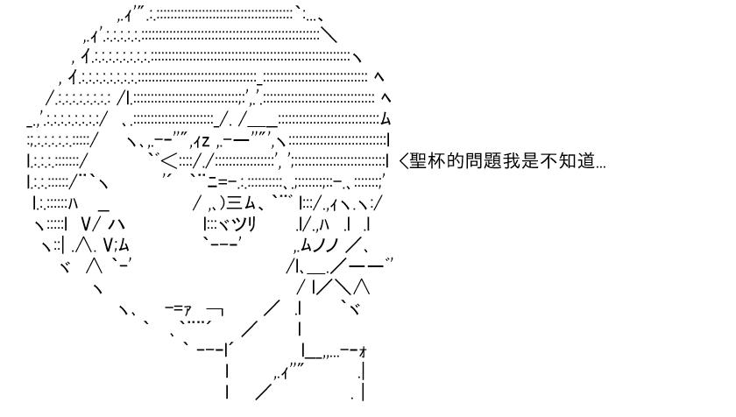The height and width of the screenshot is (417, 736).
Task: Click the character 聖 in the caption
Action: [x=418, y=161]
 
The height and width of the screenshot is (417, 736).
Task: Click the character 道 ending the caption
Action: [x=587, y=161]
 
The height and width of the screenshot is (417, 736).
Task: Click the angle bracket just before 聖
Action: [x=403, y=161]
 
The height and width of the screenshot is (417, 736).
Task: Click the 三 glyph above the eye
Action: [x=235, y=203]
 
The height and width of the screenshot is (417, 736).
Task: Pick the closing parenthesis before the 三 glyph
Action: [x=223, y=203]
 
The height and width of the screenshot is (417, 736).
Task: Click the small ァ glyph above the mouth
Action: [x=187, y=309]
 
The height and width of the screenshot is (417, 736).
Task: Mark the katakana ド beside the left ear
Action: [x=66, y=267]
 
